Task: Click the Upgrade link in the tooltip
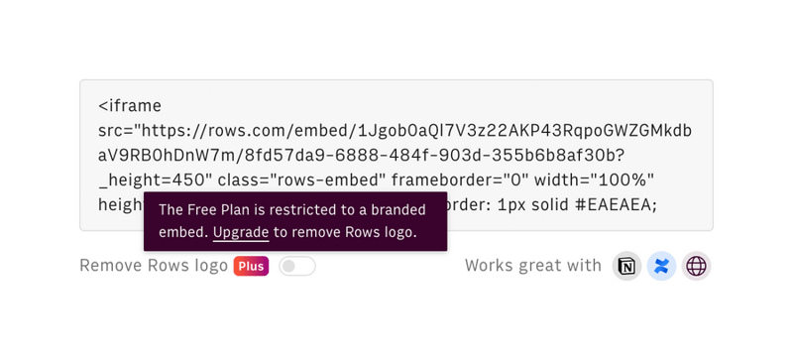pyautogui.click(x=241, y=232)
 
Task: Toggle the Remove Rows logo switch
pyautogui.click(x=297, y=266)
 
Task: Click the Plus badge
pyautogui.click(x=251, y=266)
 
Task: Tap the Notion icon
pyautogui.click(x=626, y=266)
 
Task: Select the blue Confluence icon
pyautogui.click(x=661, y=266)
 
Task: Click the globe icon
pyautogui.click(x=696, y=266)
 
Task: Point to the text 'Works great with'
pyautogui.click(x=533, y=266)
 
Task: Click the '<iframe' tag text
pyautogui.click(x=130, y=106)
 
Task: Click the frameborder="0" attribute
pyautogui.click(x=458, y=180)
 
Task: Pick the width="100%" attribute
pyautogui.click(x=594, y=180)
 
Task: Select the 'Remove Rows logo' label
pyautogui.click(x=154, y=266)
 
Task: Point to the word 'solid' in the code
pyautogui.click(x=555, y=204)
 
